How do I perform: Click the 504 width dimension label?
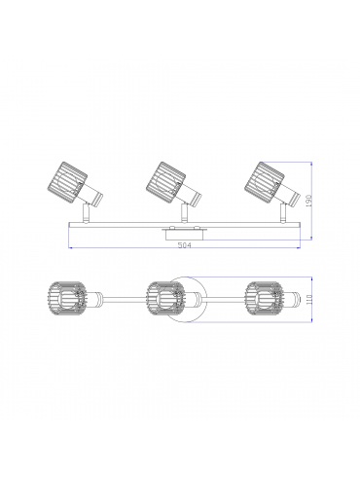pos(185,245)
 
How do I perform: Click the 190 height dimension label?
pos(308,202)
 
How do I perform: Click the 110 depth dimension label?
pos(308,299)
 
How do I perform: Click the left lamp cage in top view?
pos(67,299)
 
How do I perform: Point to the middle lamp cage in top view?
pos(165,299)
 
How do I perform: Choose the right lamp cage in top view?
pos(265,299)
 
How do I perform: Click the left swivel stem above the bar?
pos(86,213)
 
